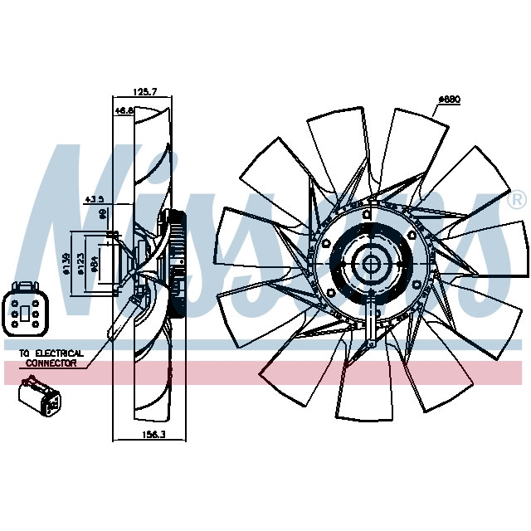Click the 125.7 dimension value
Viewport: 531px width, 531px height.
click(x=146, y=93)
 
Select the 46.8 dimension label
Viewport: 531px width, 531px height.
click(x=124, y=110)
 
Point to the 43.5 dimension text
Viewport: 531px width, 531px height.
click(x=95, y=199)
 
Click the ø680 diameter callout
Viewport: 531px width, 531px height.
click(x=449, y=100)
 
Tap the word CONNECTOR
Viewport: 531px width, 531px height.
click(x=51, y=363)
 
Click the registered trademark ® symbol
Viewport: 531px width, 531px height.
click(x=515, y=200)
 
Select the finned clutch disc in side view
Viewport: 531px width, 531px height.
click(x=176, y=265)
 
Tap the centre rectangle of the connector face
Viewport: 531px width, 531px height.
click(x=27, y=314)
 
